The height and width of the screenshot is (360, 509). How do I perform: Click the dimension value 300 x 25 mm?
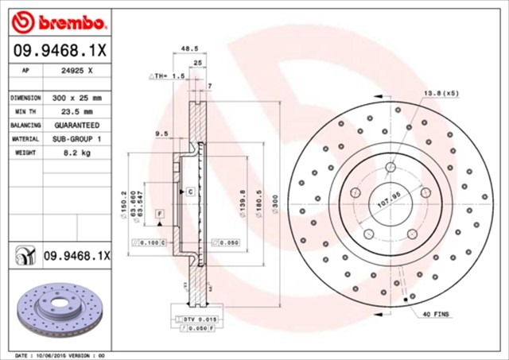pos(76,97)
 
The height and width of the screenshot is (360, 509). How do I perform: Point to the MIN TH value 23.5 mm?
pos(76,111)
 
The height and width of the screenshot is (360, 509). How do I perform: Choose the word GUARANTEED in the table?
pos(76,125)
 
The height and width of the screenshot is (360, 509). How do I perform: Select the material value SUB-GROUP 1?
pos(76,138)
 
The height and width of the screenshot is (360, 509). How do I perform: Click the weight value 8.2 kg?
pos(76,152)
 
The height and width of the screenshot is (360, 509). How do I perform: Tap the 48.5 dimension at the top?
pos(189,48)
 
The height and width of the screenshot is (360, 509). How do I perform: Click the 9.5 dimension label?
pos(161,134)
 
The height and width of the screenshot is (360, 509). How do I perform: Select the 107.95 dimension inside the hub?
pos(387,200)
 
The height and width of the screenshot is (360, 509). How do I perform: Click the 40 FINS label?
pos(436,314)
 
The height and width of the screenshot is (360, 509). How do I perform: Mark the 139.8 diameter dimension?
pos(242,201)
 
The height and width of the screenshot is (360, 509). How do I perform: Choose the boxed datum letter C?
pos(191,192)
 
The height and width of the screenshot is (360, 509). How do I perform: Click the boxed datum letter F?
pos(159,215)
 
